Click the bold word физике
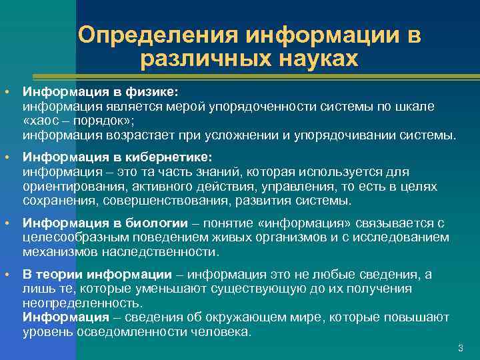153,91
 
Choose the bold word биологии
154,223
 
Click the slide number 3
460,349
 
